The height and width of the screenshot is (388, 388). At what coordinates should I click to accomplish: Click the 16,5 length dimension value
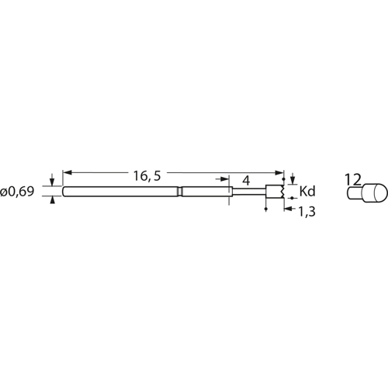pyautogui.click(x=147, y=175)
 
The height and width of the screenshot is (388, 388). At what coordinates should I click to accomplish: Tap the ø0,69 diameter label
pyautogui.click(x=17, y=192)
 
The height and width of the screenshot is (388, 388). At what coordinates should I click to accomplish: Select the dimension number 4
pyautogui.click(x=247, y=181)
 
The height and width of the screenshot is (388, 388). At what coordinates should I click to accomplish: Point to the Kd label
pyautogui.click(x=307, y=192)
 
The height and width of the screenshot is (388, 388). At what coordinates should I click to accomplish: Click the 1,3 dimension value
pyautogui.click(x=307, y=212)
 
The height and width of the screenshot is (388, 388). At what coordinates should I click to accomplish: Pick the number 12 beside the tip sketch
pyautogui.click(x=353, y=180)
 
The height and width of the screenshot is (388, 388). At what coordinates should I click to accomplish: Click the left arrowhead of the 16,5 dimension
pyautogui.click(x=68, y=172)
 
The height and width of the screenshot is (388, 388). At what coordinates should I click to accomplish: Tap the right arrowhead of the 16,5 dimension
pyautogui.click(x=279, y=172)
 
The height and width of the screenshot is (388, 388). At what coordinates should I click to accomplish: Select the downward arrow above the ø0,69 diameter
pyautogui.click(x=52, y=180)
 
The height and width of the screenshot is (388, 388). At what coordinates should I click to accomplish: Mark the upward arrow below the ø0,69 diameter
pyautogui.click(x=53, y=200)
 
